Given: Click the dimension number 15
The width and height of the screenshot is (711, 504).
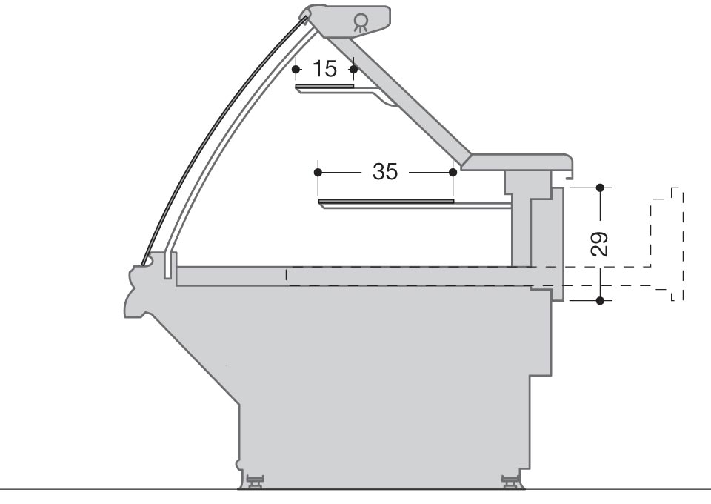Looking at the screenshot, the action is (324, 69).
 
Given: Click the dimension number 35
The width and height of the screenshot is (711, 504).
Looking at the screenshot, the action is (385, 171).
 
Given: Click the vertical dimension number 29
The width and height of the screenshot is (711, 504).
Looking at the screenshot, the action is (599, 244).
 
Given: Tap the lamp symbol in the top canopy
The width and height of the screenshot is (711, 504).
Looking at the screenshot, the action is (361, 22).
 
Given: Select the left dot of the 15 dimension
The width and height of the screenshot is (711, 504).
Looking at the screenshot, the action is (296, 70).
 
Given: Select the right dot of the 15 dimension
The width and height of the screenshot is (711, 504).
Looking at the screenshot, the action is (354, 70).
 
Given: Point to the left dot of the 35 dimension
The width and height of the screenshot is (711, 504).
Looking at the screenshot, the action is (318, 173).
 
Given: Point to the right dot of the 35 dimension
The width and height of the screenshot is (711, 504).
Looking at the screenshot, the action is (453, 173).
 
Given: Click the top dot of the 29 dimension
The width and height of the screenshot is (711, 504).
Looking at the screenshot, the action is (601, 188).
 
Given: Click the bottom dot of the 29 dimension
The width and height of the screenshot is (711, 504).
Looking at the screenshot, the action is (601, 300).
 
